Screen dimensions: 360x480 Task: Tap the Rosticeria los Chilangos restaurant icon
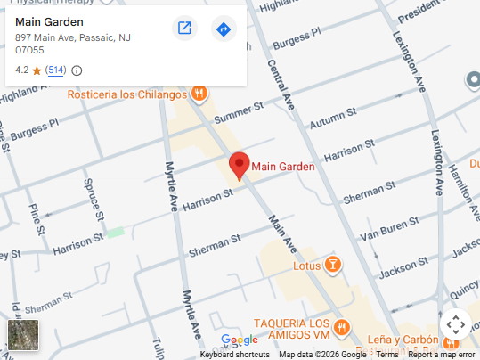200,94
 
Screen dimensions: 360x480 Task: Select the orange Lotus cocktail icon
332,265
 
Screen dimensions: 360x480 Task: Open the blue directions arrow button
223,29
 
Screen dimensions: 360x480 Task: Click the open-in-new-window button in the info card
184,29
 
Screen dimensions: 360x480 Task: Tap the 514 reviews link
56,70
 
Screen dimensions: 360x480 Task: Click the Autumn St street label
334,117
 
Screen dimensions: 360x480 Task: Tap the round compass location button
455,324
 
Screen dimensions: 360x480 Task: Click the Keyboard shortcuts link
234,355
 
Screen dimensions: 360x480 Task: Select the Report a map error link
442,355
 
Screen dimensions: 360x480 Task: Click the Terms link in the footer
387,355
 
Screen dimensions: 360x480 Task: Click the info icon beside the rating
77,70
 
